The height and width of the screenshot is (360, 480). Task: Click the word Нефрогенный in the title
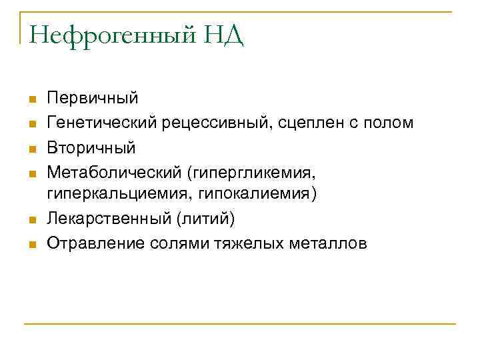109,35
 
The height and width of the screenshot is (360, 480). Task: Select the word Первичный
93,99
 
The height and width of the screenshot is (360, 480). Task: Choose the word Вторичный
91,147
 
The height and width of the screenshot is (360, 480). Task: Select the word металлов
328,243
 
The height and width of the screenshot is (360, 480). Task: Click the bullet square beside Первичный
31,100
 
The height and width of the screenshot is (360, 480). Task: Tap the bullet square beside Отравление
31,245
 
